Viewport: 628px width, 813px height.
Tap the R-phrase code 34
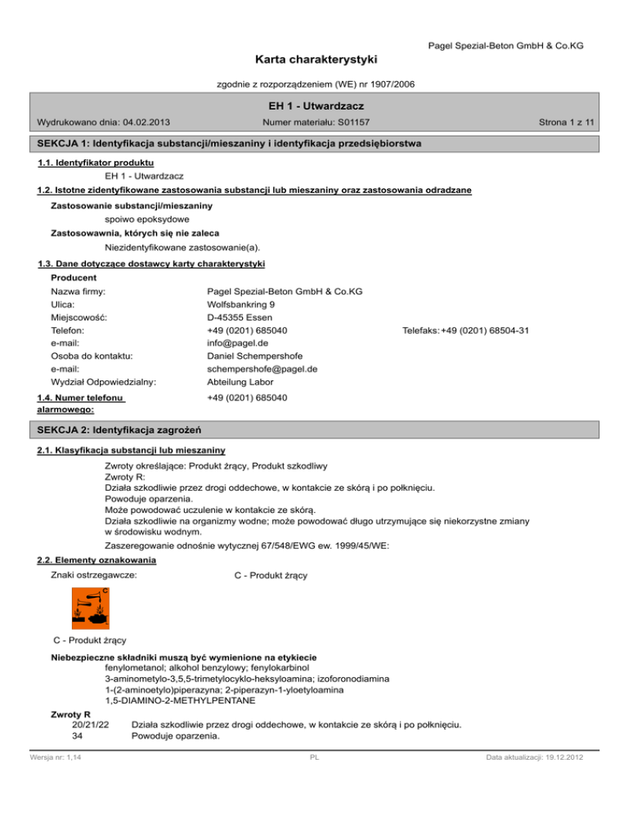[x=78, y=735]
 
